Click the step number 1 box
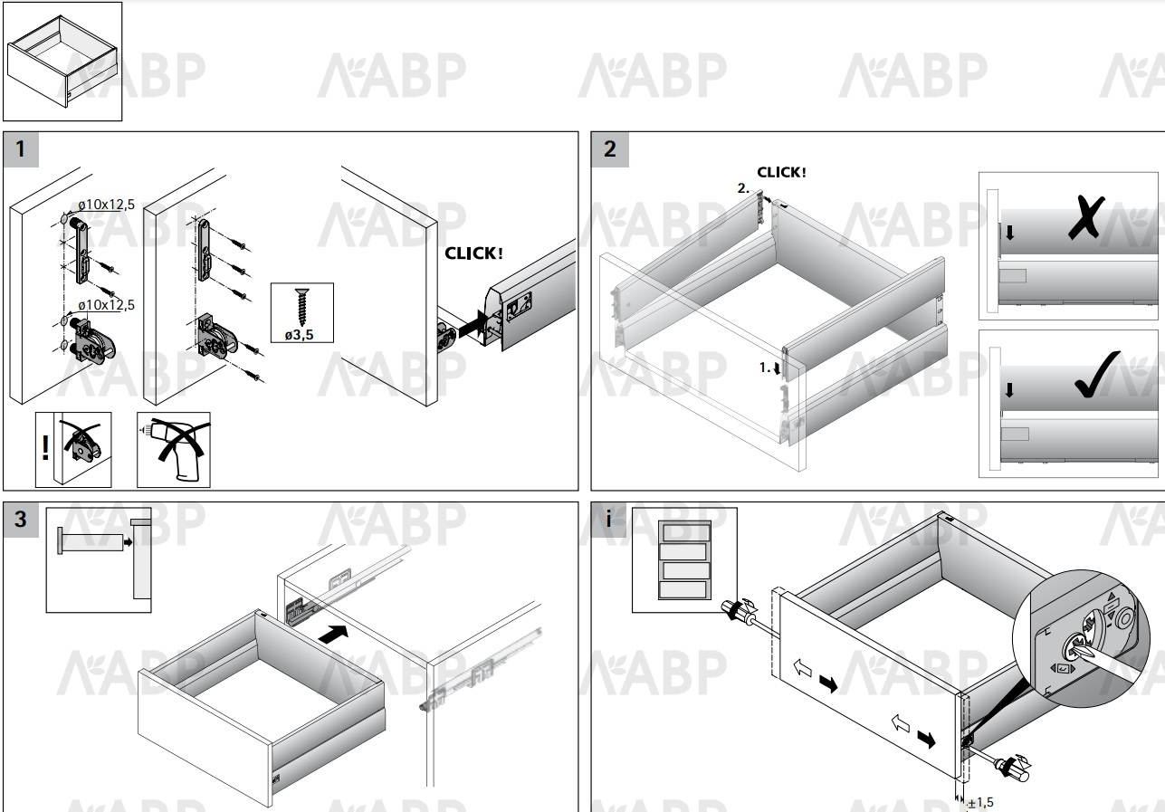(21, 149)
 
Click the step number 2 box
(610, 149)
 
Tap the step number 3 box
(21, 519)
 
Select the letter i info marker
(608, 519)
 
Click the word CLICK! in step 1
(473, 253)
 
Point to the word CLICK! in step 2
(781, 172)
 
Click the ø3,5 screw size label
(299, 334)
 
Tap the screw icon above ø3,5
(301, 307)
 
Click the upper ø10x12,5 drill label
(106, 205)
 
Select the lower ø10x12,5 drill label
(106, 304)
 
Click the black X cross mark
(1086, 217)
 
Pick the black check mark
(1097, 375)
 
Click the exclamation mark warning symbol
(45, 447)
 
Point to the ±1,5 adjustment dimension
(979, 803)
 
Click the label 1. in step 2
(764, 368)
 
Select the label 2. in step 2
(743, 188)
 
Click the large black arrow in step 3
(333, 634)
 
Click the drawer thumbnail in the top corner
(62, 62)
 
